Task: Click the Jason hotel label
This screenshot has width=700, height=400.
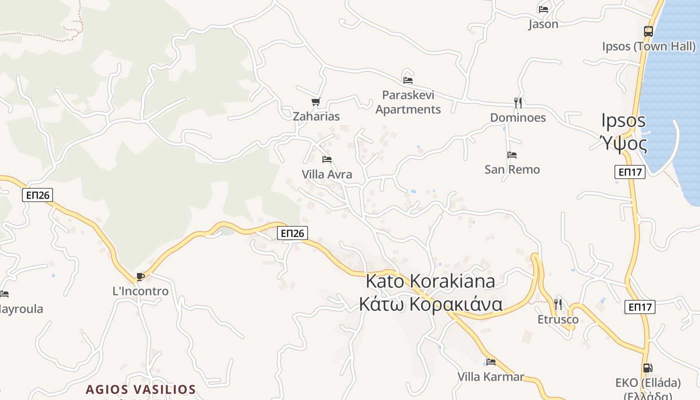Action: pos(543,24)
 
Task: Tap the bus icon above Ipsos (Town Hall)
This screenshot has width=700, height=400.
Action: pos(648,31)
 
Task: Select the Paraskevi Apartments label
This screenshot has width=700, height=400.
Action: pos(408,102)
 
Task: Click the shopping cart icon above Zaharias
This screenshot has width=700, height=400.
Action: pos(315,102)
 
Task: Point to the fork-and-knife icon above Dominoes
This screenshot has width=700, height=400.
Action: pos(518,103)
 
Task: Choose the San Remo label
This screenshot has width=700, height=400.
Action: pos(512,169)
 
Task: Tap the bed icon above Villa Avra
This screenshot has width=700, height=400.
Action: pos(327,159)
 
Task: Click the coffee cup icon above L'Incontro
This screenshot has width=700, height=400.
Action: pos(140,276)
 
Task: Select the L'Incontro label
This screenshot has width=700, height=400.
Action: pos(140,291)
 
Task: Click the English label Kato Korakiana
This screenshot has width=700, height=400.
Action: pos(430,281)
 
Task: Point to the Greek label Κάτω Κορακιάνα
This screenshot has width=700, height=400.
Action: pos(430,304)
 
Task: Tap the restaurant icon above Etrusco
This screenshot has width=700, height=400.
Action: pos(558,304)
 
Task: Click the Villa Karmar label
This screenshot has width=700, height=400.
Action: pos(491,376)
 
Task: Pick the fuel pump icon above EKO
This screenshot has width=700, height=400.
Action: pos(647,368)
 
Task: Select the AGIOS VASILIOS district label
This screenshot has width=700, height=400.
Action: pos(140,389)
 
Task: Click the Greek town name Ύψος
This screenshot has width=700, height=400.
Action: pos(623,144)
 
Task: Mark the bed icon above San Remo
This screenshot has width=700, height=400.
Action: pos(512,155)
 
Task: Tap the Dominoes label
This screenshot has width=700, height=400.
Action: pos(518,118)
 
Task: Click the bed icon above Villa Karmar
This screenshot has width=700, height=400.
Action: pos(491,361)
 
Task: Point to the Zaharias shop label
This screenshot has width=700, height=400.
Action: pos(316,116)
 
